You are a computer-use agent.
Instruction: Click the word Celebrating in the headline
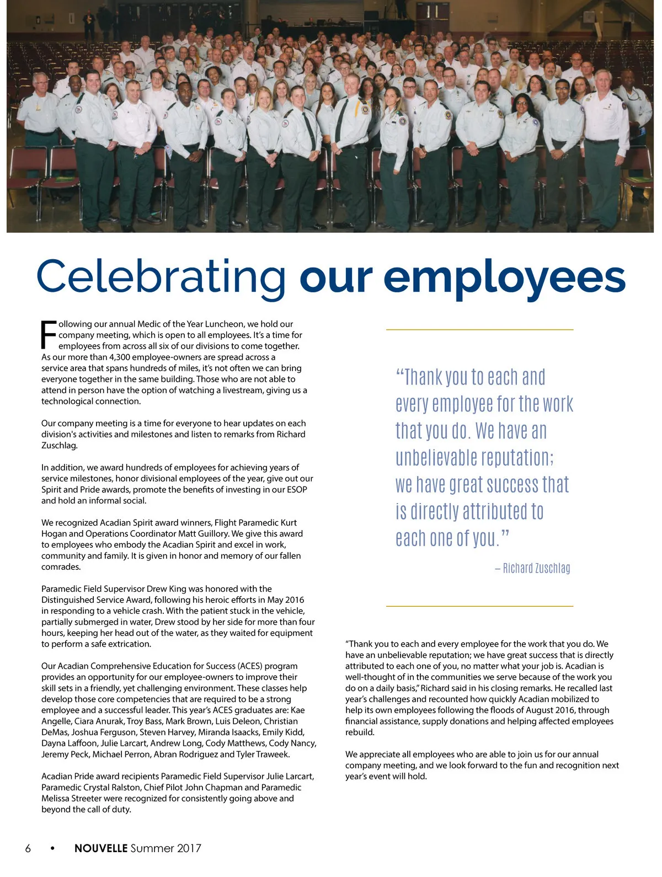[161, 277]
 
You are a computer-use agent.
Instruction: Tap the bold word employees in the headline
[505, 277]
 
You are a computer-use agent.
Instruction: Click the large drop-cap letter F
[49, 335]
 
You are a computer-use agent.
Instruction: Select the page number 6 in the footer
[28, 848]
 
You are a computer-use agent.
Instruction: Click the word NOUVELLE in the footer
[101, 848]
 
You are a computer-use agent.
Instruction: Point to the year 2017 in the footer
[189, 848]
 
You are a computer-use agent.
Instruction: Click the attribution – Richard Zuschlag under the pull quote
[532, 568]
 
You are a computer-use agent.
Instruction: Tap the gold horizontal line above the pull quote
[479, 330]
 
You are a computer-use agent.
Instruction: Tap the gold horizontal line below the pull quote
[479, 606]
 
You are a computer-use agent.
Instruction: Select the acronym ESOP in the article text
[297, 490]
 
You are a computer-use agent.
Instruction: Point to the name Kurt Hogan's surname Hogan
[54, 534]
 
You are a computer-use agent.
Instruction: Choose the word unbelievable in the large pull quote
[436, 458]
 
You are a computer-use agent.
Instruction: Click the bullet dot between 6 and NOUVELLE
[52, 848]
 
